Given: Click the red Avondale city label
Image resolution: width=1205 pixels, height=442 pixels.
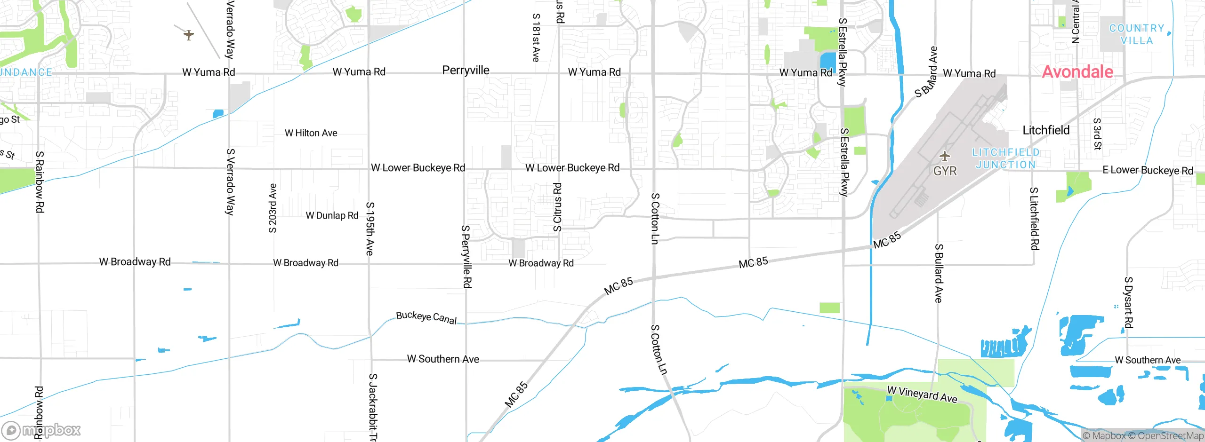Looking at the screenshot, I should (x=1077, y=72).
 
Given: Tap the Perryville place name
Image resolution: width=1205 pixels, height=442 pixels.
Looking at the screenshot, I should (x=466, y=71).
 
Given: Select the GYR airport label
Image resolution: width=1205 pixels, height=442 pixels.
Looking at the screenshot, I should (x=945, y=171).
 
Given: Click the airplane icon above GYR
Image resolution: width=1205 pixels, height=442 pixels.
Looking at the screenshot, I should (x=944, y=156).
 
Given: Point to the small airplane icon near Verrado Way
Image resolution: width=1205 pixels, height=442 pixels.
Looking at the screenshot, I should (x=188, y=35).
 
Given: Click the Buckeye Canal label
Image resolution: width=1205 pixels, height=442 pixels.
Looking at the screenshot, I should (x=426, y=318).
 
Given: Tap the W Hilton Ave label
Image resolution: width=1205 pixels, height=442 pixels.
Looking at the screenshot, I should (x=311, y=133).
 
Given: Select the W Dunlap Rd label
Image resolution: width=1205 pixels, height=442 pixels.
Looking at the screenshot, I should (x=332, y=216).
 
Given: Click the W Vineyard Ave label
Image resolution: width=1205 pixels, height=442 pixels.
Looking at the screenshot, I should (x=922, y=394).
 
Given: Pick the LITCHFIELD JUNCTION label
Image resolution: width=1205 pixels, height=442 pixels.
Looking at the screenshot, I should (x=1006, y=158).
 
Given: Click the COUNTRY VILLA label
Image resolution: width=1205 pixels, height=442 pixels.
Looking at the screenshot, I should (x=1137, y=34).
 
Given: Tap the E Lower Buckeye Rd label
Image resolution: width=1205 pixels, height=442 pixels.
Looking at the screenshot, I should (x=1148, y=170).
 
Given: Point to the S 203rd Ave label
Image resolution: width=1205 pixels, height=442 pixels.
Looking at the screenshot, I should (x=273, y=208).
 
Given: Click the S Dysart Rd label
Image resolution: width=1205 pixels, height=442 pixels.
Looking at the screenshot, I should (x=1128, y=302).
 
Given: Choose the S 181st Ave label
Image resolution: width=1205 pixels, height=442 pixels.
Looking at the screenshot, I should (x=536, y=38).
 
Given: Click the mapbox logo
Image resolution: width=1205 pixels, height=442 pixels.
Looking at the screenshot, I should (x=41, y=430).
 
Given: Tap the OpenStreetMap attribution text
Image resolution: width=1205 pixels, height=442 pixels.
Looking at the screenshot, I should (x=1170, y=436).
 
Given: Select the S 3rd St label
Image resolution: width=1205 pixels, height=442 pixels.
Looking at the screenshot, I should (x=1097, y=134).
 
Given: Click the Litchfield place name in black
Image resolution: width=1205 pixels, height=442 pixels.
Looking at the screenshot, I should (x=1046, y=130).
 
